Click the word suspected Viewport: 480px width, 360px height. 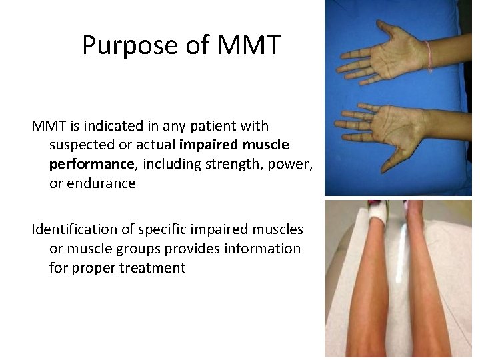(x=82, y=145)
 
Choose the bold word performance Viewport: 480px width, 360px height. (x=90, y=165)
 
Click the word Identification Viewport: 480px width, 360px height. (x=74, y=229)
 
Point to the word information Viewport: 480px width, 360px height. (x=265, y=249)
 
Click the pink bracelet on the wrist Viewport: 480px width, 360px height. (x=427, y=56)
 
